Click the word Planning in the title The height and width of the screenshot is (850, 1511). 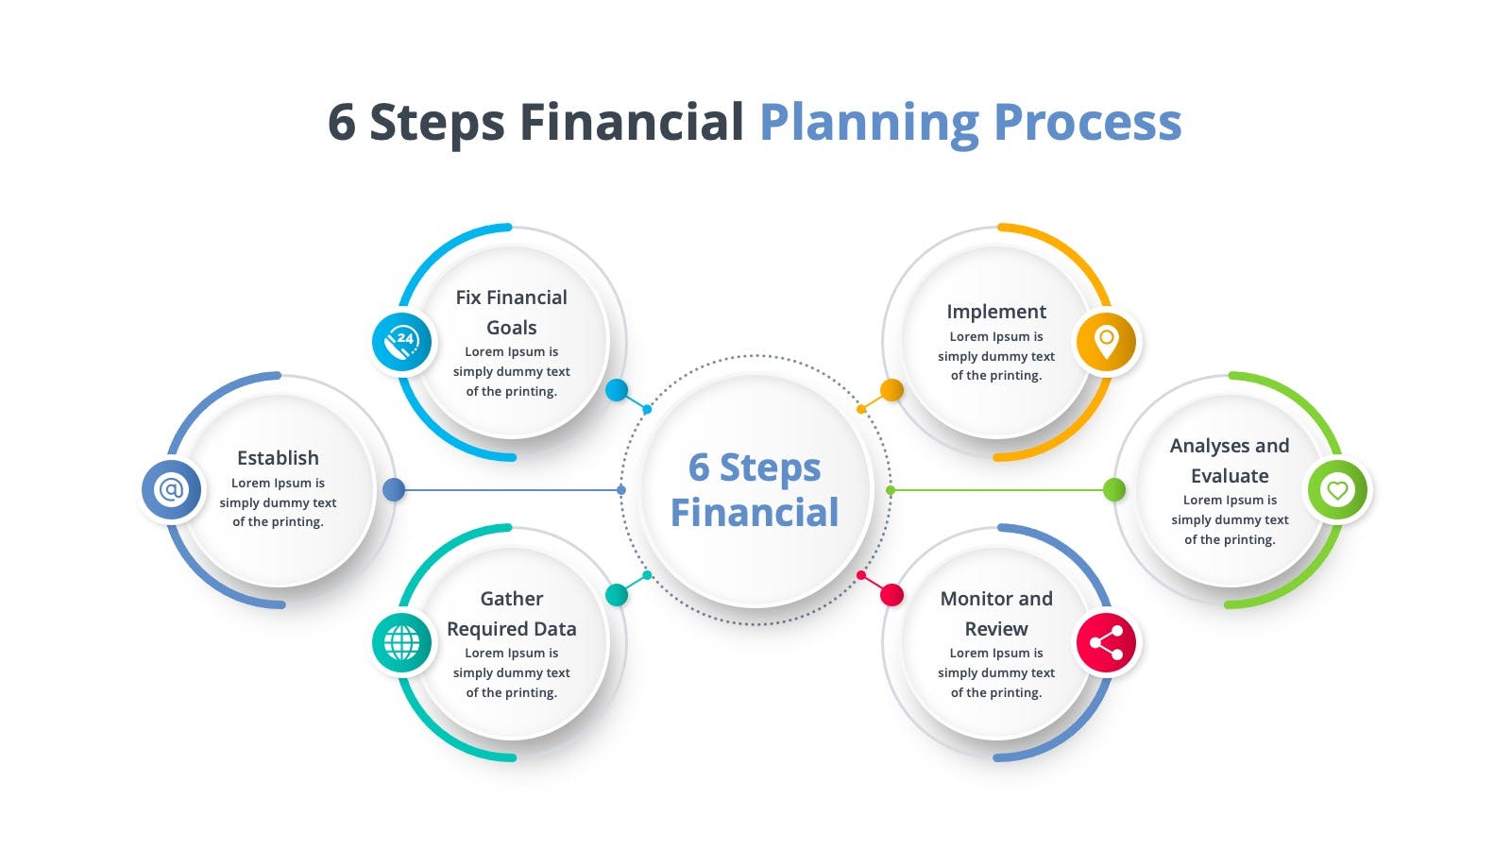(x=869, y=123)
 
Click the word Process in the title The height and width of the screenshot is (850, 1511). (x=1087, y=123)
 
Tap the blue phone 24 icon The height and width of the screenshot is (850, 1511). (x=402, y=341)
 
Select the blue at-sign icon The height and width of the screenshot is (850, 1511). (x=171, y=489)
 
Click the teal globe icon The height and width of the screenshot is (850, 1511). (x=402, y=642)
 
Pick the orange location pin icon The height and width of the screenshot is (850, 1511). (x=1106, y=341)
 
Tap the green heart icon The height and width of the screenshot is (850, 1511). (x=1337, y=489)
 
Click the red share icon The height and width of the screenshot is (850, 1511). (x=1106, y=642)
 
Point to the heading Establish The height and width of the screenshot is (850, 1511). (x=278, y=458)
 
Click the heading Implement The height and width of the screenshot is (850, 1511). (x=996, y=312)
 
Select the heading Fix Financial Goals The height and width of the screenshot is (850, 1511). (x=511, y=313)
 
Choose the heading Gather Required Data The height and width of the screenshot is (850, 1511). (x=511, y=614)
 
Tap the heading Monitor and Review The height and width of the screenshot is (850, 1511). (x=996, y=614)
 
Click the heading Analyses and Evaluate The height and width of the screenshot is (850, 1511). (x=1230, y=461)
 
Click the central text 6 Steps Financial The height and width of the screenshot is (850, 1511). (x=755, y=490)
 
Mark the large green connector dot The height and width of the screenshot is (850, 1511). (x=1114, y=489)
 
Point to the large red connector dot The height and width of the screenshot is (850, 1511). (x=891, y=595)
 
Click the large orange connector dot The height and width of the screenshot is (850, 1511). (x=891, y=389)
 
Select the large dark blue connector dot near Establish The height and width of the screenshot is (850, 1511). (x=394, y=489)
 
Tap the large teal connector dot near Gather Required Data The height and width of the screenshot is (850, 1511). (x=617, y=594)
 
